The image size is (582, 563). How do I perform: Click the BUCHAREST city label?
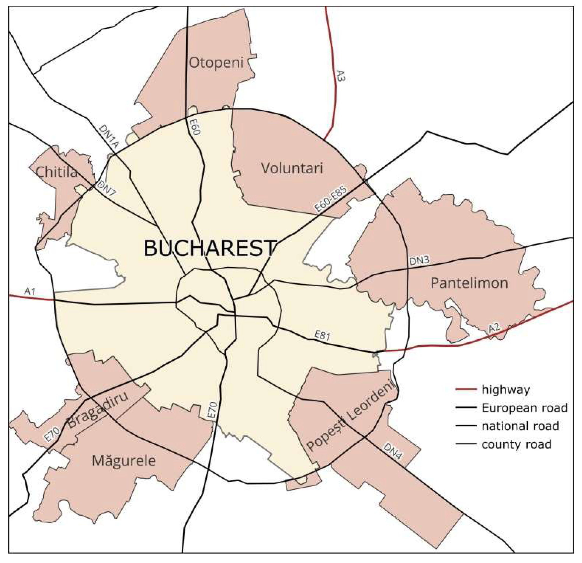[x=209, y=249]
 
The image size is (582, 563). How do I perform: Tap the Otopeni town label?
[x=216, y=63]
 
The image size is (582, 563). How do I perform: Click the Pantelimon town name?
[x=469, y=283]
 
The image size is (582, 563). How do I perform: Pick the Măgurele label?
[x=124, y=461]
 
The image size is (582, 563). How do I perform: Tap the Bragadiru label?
[x=98, y=410]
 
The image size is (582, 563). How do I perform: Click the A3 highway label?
[x=341, y=76]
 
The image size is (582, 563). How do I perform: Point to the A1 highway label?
[x=30, y=292]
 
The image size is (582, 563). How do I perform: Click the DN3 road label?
[x=419, y=261]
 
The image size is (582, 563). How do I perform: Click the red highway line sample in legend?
[x=466, y=389]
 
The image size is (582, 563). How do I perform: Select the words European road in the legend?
[x=524, y=408]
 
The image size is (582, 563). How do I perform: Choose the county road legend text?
[x=516, y=445]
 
